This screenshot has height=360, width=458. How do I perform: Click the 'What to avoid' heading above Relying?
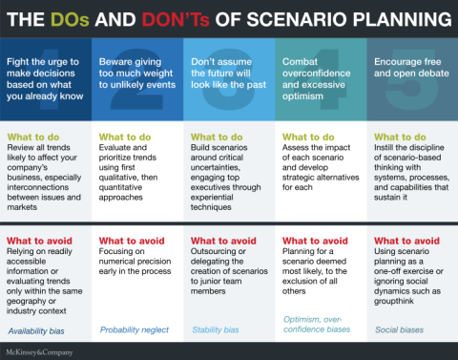[42, 240]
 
